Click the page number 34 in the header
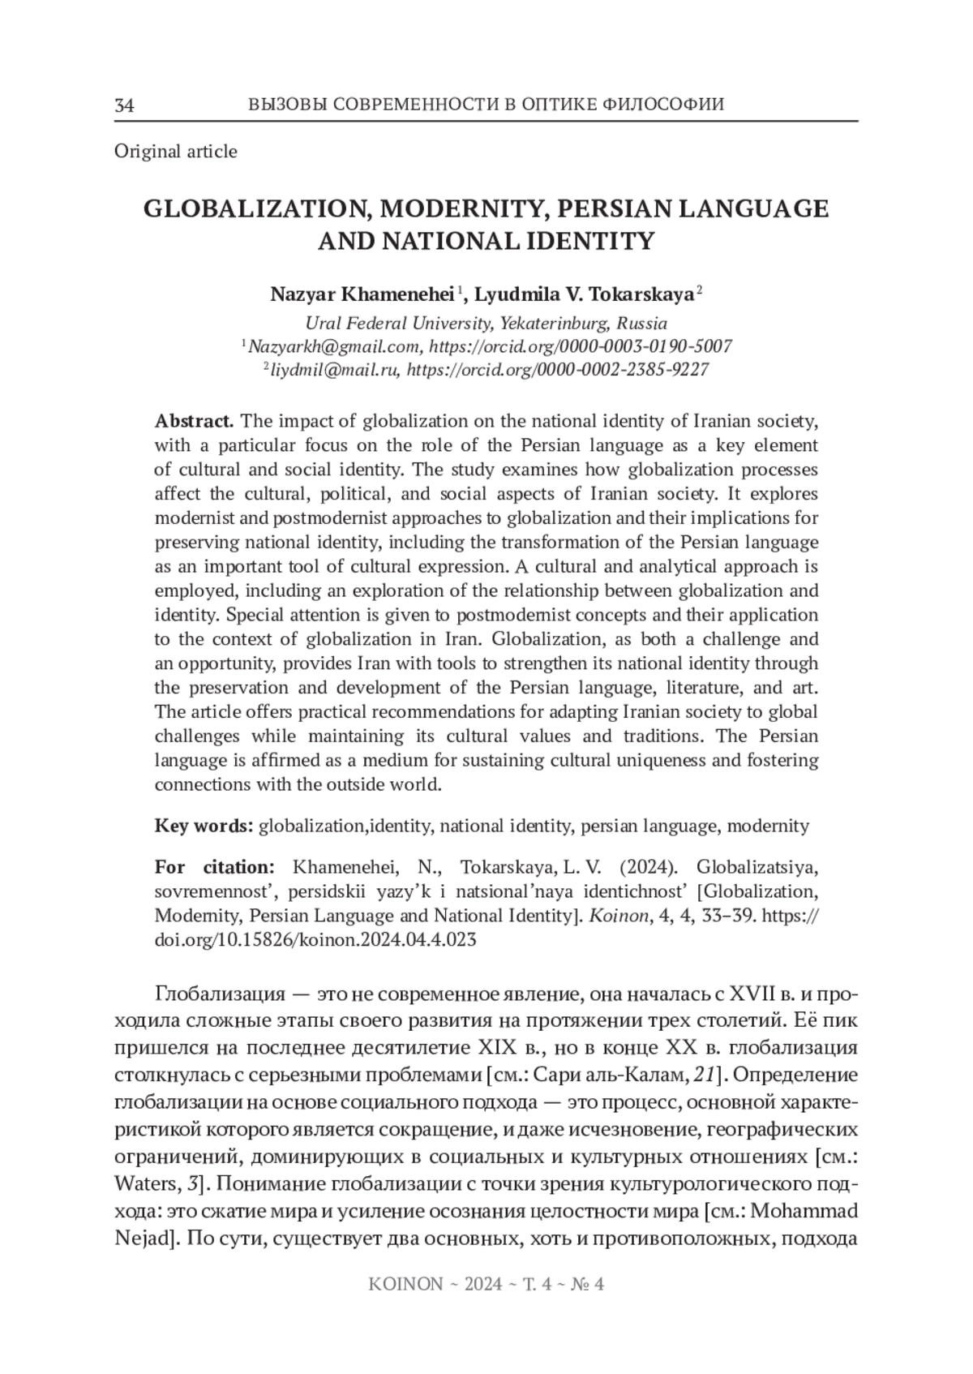pos(125,105)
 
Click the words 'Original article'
pos(176,151)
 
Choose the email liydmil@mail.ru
pos(334,370)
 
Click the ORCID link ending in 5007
pos(581,346)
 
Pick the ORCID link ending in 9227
pos(558,370)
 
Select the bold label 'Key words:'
pos(204,826)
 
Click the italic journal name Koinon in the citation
pos(607,916)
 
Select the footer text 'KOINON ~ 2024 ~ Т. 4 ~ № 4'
pos(486,1284)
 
